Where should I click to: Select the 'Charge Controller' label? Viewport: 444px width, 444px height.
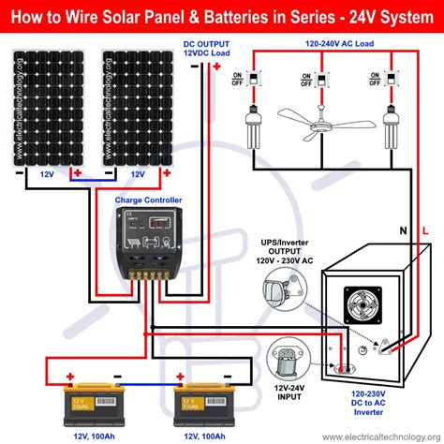pos(150,200)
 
